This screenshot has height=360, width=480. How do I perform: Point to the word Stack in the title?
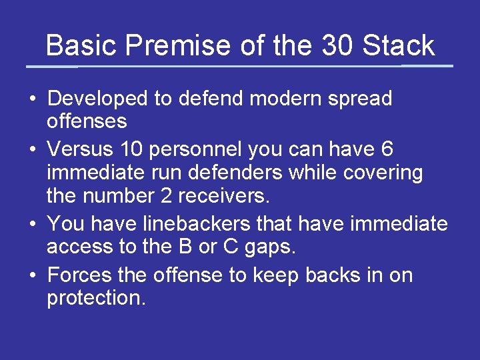(x=399, y=46)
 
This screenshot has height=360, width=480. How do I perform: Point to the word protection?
(x=96, y=299)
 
